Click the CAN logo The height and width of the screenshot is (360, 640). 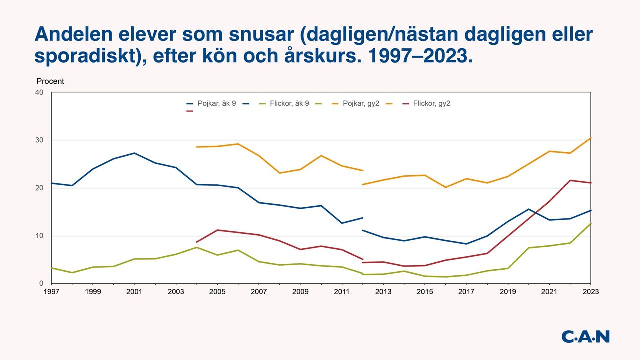tap(585, 336)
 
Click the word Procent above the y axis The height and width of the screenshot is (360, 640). tap(50, 81)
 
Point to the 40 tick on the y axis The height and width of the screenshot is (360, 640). tap(39, 92)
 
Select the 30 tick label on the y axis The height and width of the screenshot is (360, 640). tap(39, 140)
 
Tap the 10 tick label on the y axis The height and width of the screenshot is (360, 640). tap(39, 236)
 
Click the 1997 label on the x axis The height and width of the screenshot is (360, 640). tap(51, 292)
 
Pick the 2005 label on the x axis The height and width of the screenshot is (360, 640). tap(217, 292)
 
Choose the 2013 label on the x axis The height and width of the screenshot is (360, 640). tap(383, 292)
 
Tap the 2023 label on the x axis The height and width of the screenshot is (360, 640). tap(591, 292)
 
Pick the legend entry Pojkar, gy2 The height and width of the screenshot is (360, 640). tap(361, 104)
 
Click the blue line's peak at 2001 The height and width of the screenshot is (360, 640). tap(134, 153)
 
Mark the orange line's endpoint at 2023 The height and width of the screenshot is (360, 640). tap(591, 138)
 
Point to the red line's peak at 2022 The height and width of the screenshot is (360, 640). tap(570, 180)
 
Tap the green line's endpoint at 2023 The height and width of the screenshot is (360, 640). tap(591, 223)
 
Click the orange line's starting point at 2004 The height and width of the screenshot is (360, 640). tap(197, 147)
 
